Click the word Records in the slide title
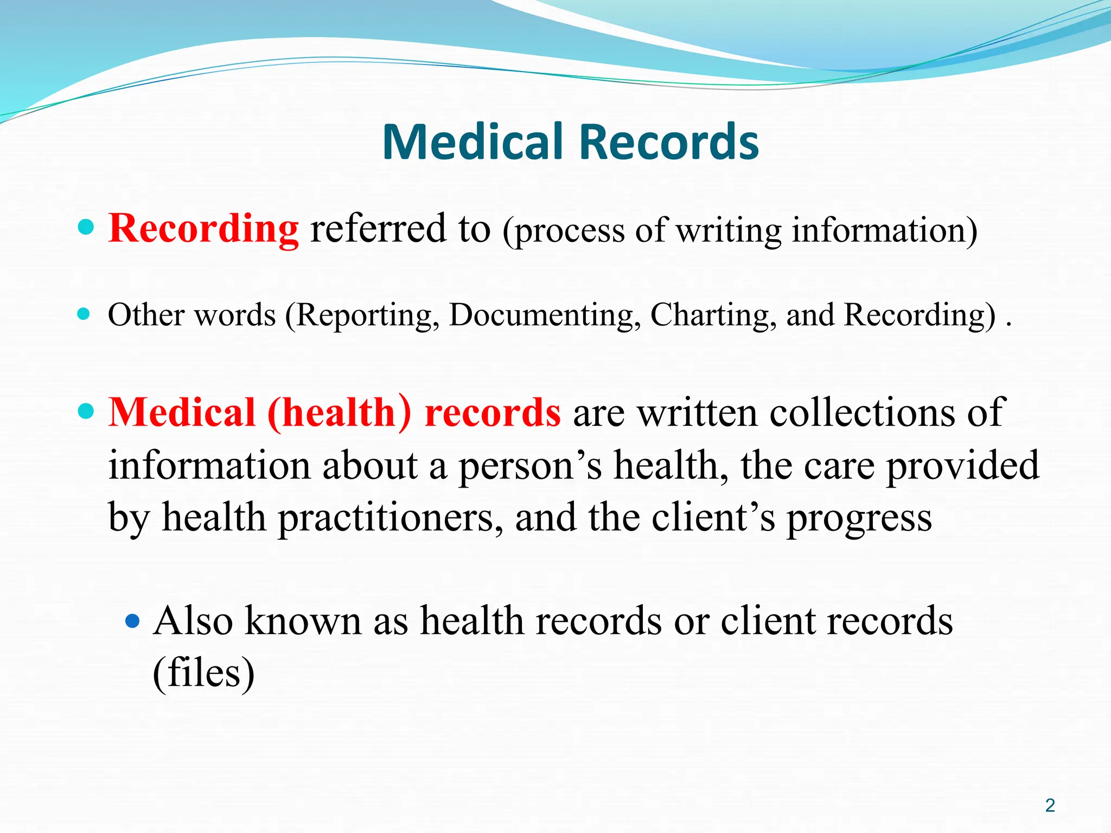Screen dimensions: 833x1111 coord(669,142)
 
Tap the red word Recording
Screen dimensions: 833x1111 coord(203,229)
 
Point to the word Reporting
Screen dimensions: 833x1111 coord(367,315)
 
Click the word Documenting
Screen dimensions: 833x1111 coord(545,315)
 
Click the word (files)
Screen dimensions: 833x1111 coord(203,673)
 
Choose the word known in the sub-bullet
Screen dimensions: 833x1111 coord(303,621)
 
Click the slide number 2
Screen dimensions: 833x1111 coord(1050,805)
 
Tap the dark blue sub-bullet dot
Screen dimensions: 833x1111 coord(132,620)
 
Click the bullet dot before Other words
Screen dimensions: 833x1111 coord(84,313)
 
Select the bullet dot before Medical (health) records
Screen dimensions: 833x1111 coord(86,411)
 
